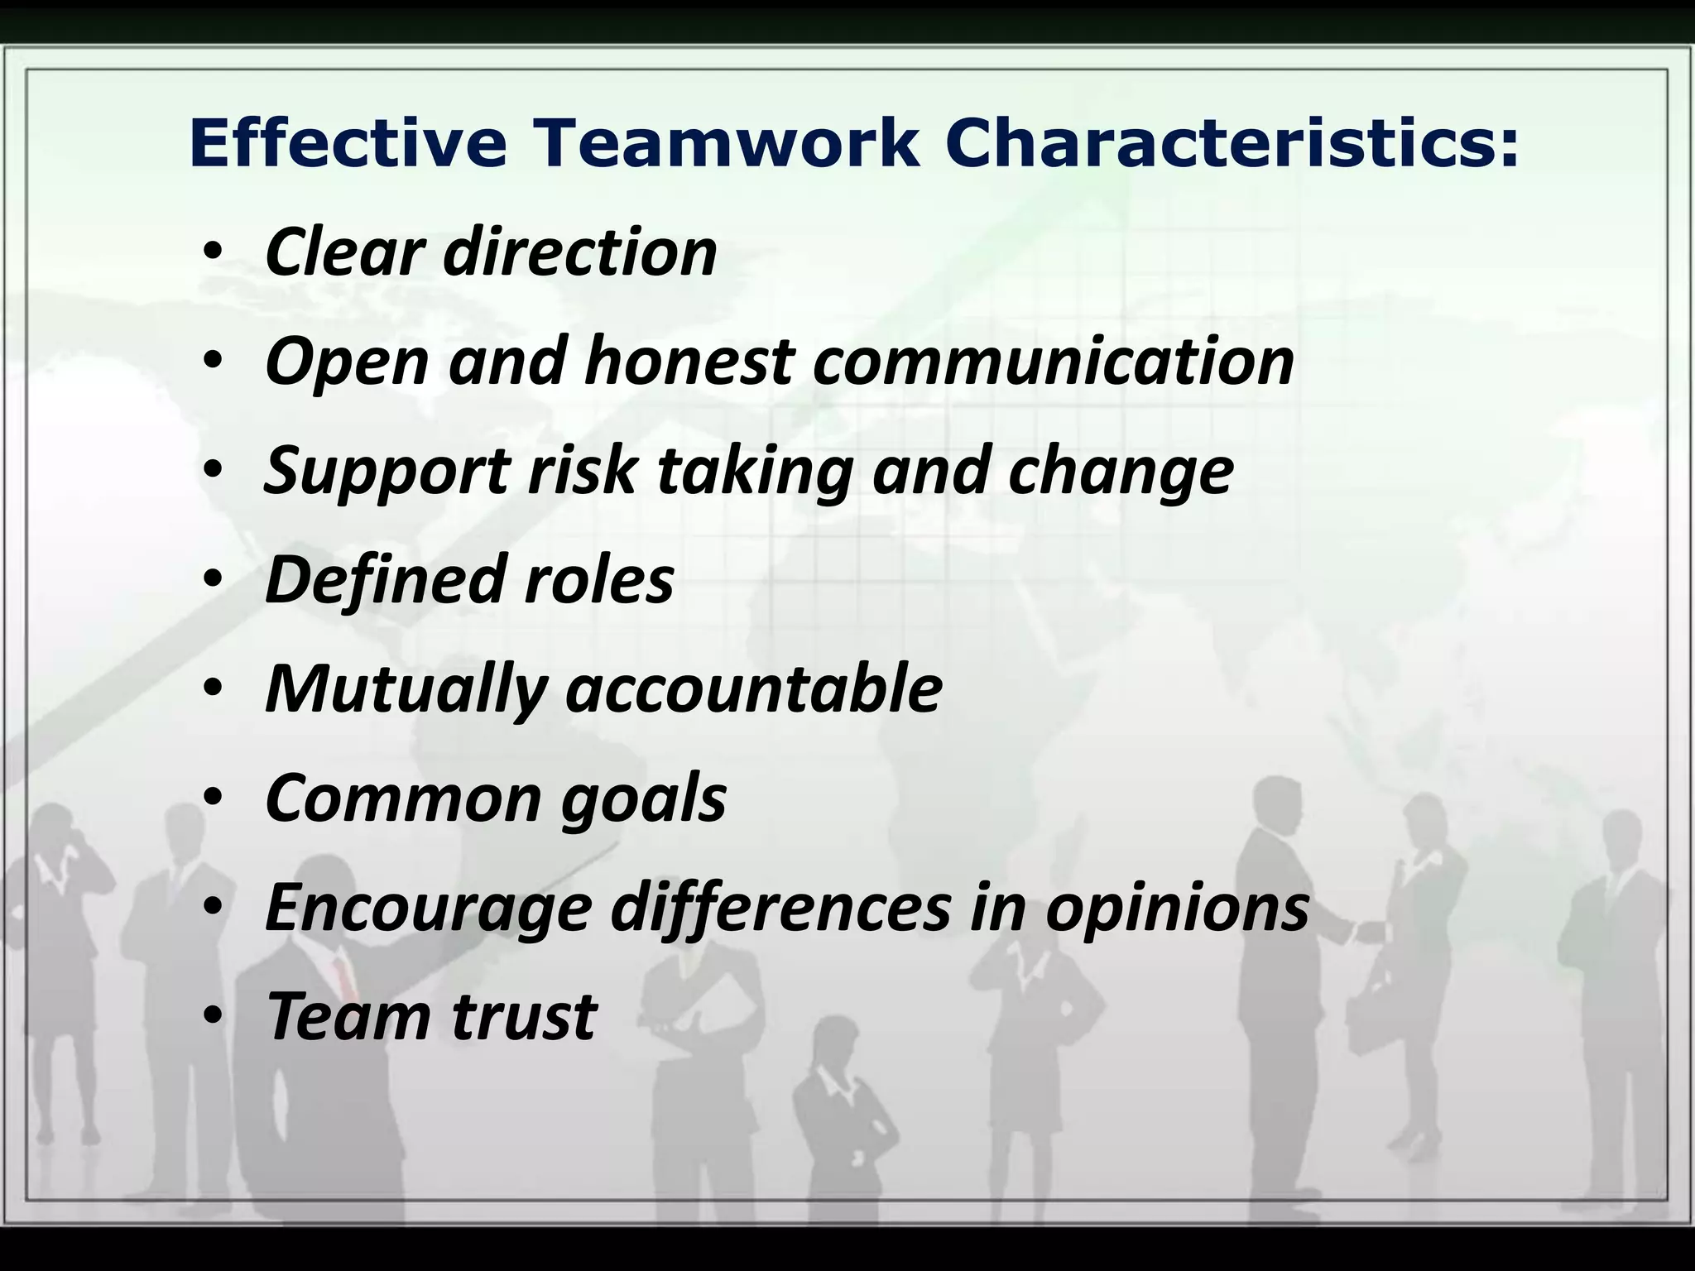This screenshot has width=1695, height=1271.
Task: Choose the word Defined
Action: [384, 579]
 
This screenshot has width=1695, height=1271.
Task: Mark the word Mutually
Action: [406, 689]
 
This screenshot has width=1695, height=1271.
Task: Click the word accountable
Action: [754, 688]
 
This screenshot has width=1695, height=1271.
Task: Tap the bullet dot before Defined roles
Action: [213, 580]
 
